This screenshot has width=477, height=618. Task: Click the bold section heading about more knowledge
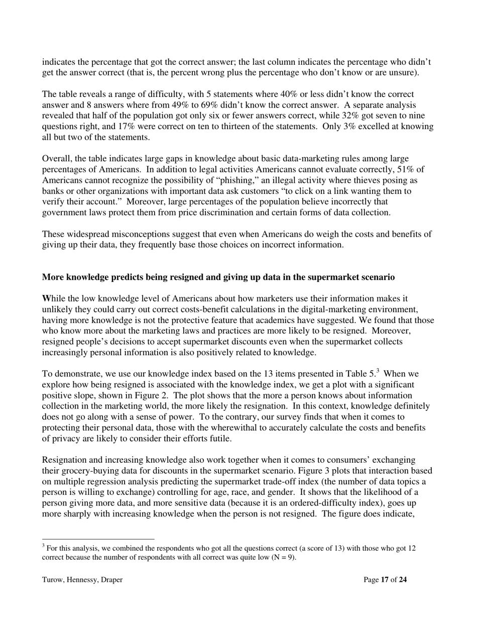tap(218, 277)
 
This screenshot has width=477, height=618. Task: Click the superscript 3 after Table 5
tap(378, 371)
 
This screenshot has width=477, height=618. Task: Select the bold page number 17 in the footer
tap(385, 580)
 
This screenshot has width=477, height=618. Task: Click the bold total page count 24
tap(402, 580)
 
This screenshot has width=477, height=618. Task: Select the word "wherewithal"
tap(193, 428)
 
